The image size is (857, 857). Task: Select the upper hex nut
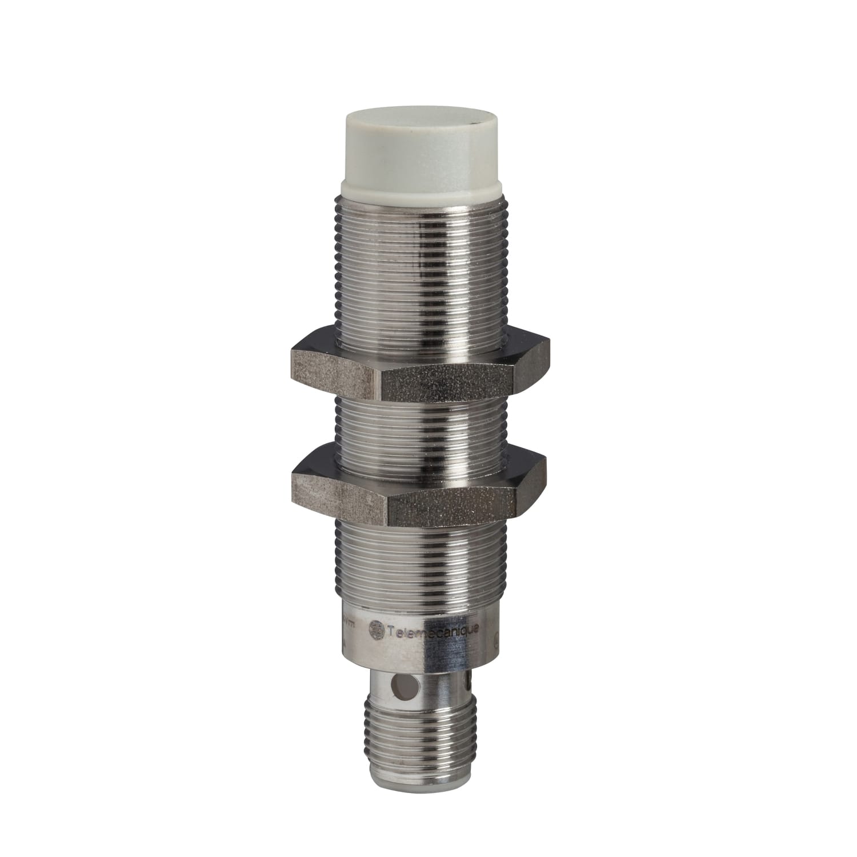pos(420,371)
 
